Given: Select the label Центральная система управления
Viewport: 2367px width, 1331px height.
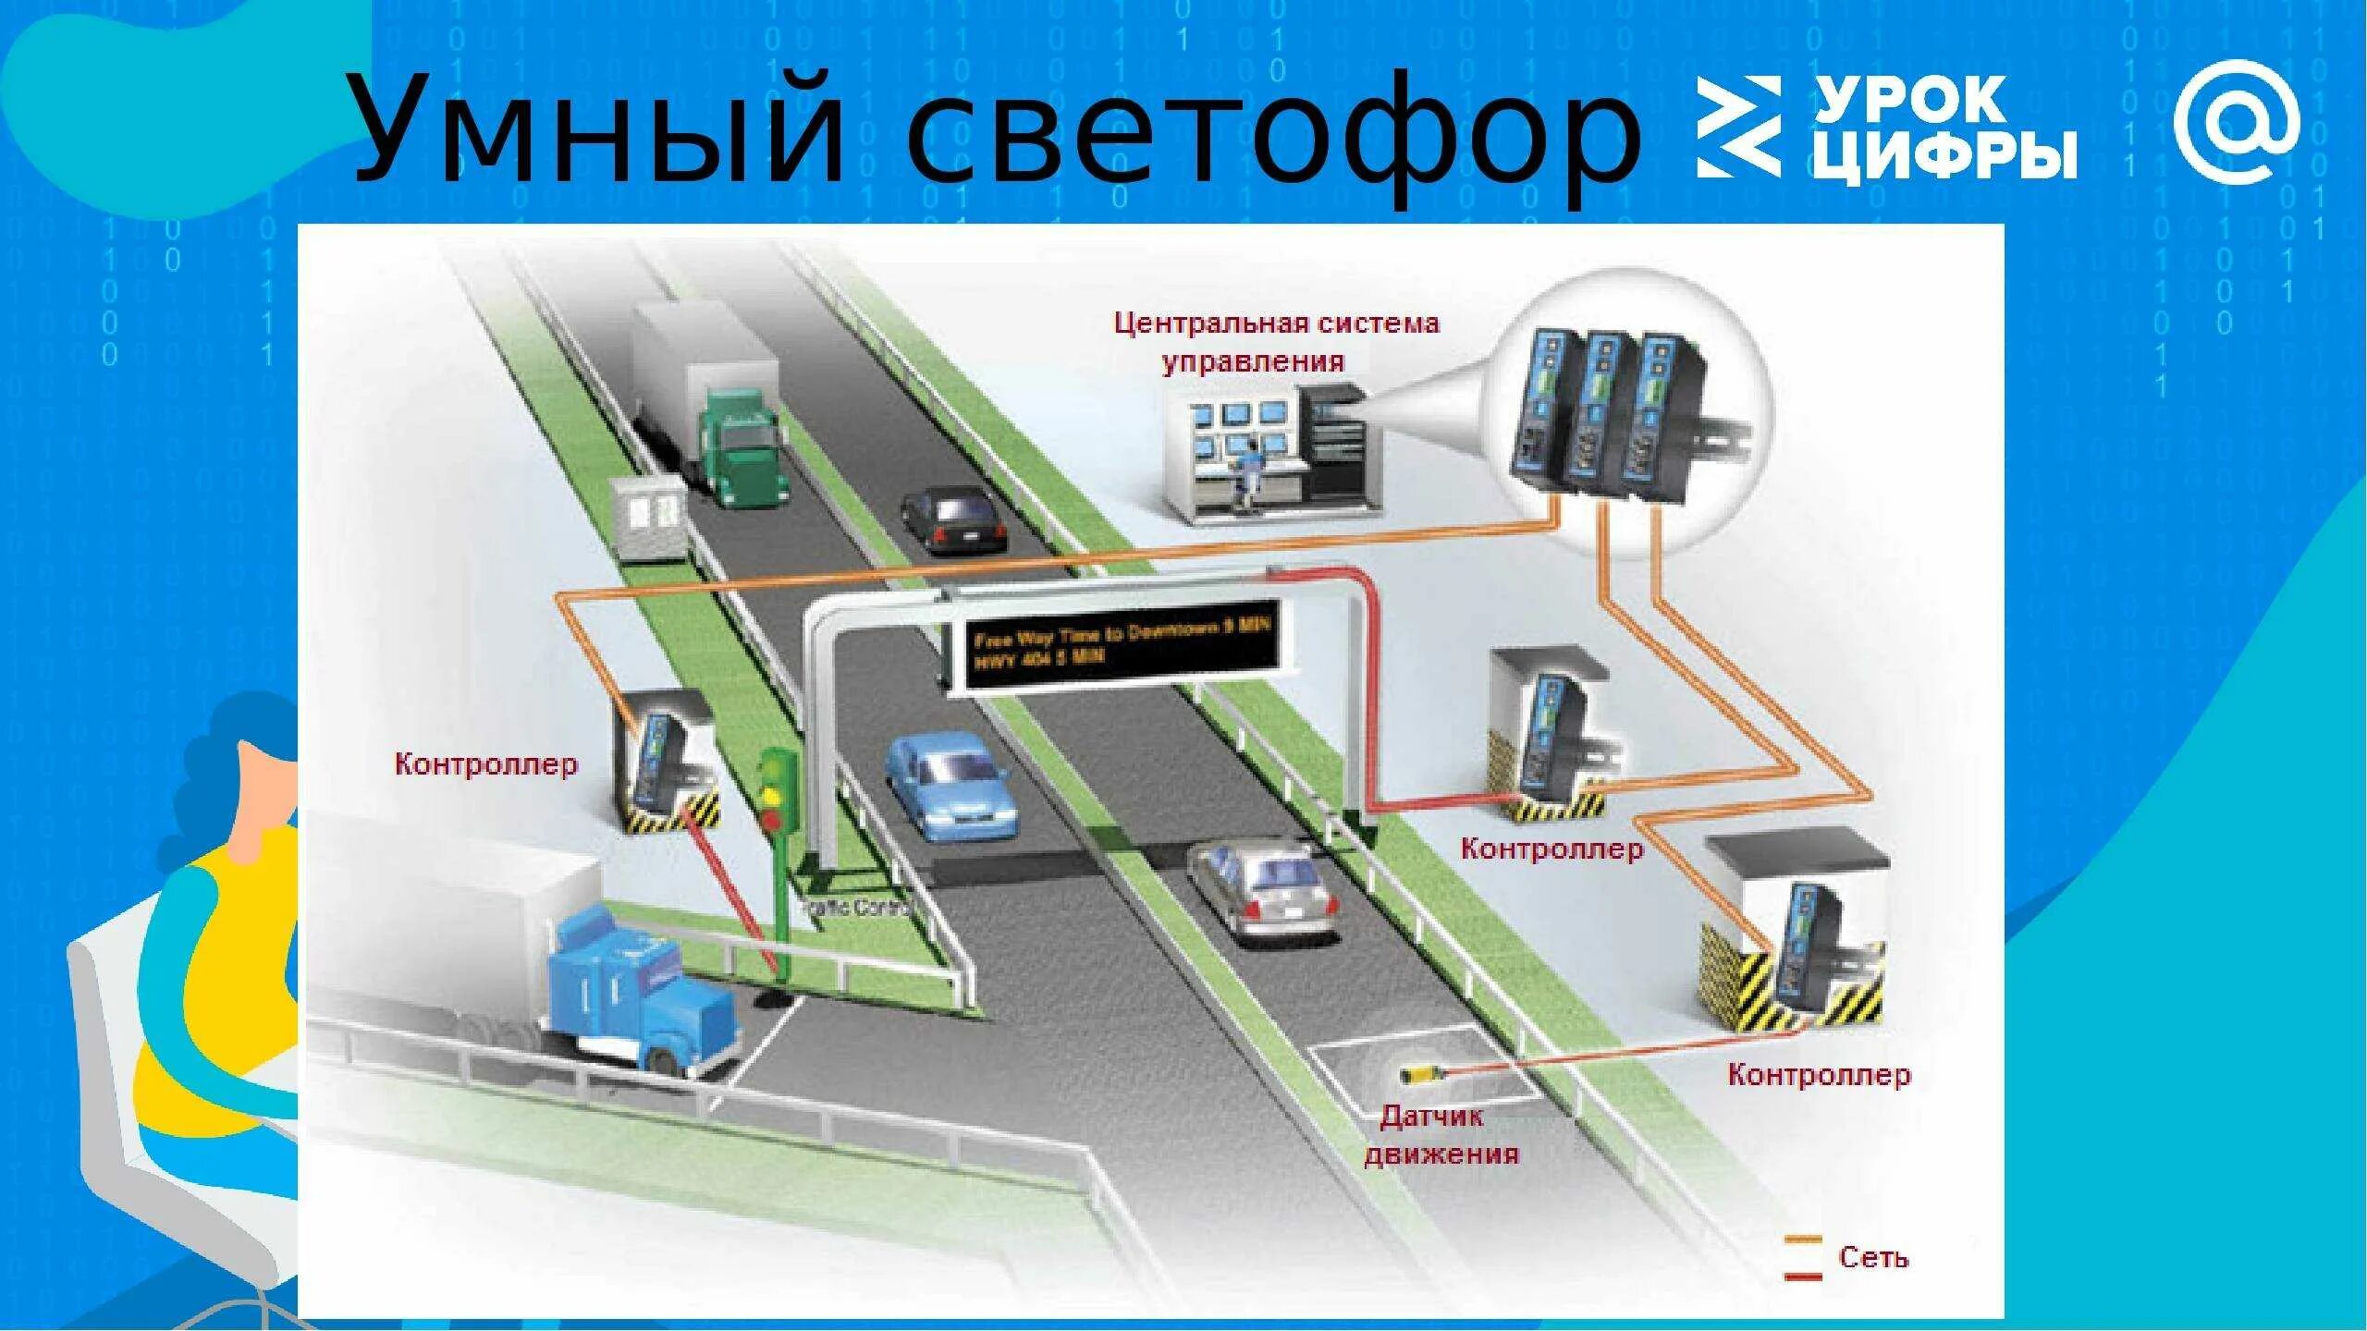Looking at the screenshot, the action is pyautogui.click(x=1275, y=342).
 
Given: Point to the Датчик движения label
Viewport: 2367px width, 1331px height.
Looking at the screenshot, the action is pyautogui.click(x=1441, y=1134).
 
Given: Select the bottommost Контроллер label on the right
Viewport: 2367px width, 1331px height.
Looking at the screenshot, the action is pyautogui.click(x=1818, y=1075).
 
